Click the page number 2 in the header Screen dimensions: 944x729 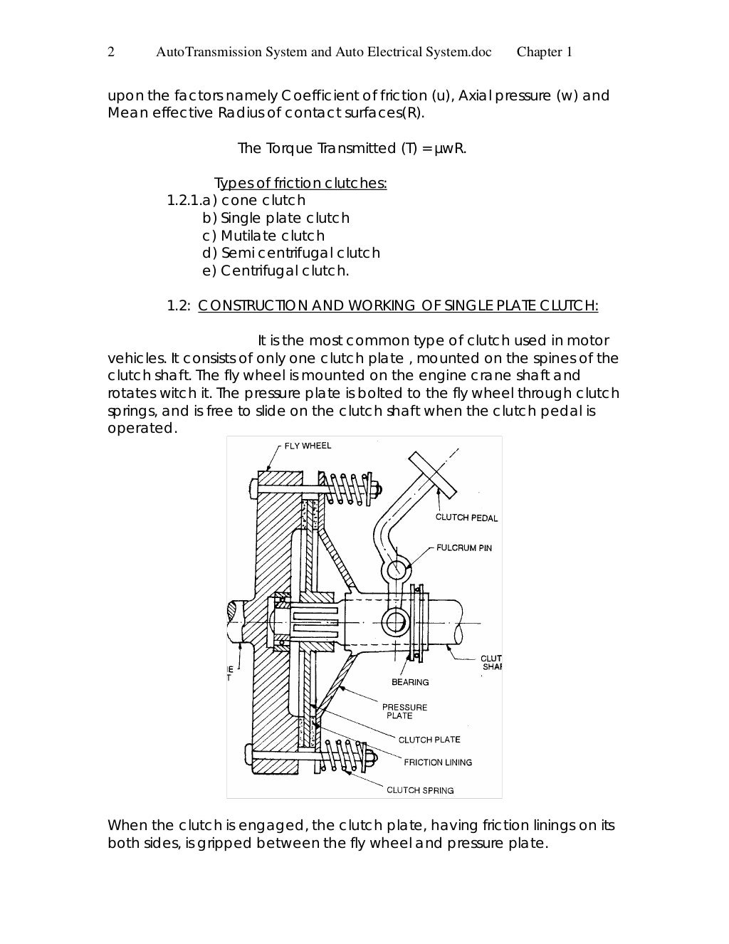pyautogui.click(x=111, y=52)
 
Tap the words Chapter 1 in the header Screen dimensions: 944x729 pyautogui.click(x=545, y=52)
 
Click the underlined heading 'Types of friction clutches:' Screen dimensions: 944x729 pyautogui.click(x=300, y=183)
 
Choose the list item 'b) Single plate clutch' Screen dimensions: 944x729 pyautogui.click(x=276, y=218)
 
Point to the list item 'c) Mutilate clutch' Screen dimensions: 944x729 pyautogui.click(x=263, y=236)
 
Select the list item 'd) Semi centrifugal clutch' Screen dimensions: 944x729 pyautogui.click(x=291, y=253)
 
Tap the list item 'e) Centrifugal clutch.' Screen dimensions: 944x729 pyautogui.click(x=276, y=271)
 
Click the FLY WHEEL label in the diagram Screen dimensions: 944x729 pyautogui.click(x=308, y=446)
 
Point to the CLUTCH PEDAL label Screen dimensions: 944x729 pyautogui.click(x=466, y=518)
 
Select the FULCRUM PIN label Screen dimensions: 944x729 pyautogui.click(x=464, y=548)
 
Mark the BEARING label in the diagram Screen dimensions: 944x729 pyautogui.click(x=410, y=682)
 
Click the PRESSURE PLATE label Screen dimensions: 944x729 pyautogui.click(x=404, y=711)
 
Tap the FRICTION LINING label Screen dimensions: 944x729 pyautogui.click(x=437, y=762)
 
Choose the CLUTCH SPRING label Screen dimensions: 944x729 pyautogui.click(x=420, y=790)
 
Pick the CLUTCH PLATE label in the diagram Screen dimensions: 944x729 pyautogui.click(x=429, y=740)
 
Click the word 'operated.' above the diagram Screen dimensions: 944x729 pyautogui.click(x=140, y=429)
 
